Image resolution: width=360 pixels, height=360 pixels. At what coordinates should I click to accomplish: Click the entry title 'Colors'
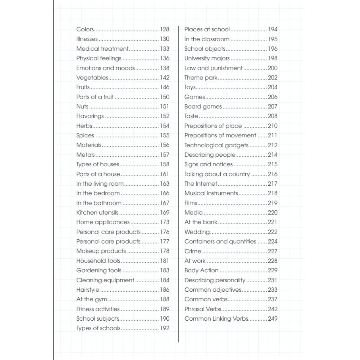point(85,29)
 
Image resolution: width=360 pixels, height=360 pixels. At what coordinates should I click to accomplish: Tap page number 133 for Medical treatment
point(164,49)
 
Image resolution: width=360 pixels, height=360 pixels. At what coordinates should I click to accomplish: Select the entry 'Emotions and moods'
point(106,68)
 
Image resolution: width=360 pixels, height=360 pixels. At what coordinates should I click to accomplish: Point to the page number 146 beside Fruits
point(164,87)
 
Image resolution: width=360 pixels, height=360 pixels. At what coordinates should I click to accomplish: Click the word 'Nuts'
point(82,107)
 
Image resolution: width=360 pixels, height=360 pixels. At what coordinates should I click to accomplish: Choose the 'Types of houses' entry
point(98,164)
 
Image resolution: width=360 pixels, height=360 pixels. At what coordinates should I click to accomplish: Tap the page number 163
point(164,184)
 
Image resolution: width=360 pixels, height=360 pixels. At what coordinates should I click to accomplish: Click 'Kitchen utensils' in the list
point(97,213)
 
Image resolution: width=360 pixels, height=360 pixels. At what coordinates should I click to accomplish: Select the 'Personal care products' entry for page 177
point(108,241)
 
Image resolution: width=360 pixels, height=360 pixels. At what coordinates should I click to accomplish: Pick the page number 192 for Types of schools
point(164,328)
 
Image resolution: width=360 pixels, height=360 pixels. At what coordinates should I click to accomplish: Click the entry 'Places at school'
point(207,29)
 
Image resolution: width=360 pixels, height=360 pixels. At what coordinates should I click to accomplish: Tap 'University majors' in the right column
point(207,58)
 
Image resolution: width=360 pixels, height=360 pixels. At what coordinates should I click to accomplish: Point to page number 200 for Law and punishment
point(273,68)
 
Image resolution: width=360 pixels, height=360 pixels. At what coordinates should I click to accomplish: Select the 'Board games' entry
point(203,107)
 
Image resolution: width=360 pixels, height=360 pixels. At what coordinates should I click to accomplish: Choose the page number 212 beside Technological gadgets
point(273,145)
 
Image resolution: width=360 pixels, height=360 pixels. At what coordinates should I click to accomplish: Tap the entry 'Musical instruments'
point(211,193)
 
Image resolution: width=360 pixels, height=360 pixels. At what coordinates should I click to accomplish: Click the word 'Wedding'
point(197,232)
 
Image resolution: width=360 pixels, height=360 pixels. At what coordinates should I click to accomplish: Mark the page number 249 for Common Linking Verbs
point(273,319)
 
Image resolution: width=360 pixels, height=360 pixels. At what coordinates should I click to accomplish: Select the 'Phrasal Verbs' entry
point(203,309)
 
